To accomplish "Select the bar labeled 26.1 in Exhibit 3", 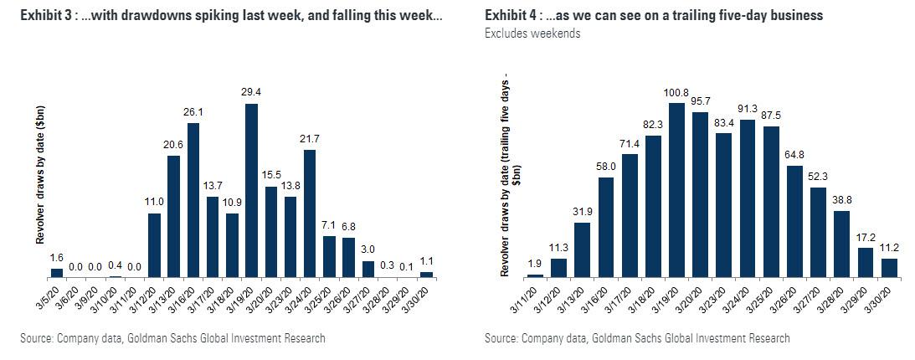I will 193,200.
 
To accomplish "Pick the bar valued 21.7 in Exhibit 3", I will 310,213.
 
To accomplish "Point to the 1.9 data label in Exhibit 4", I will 534,265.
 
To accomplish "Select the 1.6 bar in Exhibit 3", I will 57,273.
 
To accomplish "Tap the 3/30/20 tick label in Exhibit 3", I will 424,296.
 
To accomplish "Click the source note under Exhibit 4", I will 637,338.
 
